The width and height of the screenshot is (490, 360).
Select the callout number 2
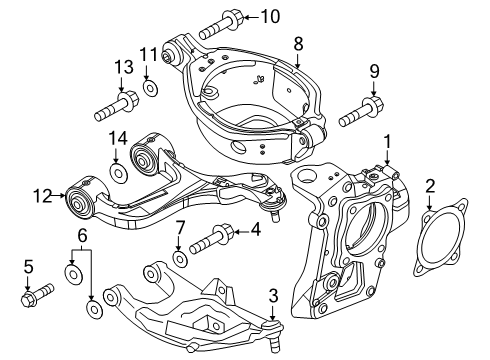(x=431, y=185)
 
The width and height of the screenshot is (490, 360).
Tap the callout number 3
(x=272, y=295)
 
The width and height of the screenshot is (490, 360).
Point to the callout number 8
(x=298, y=42)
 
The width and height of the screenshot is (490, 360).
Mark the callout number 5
(x=28, y=266)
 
